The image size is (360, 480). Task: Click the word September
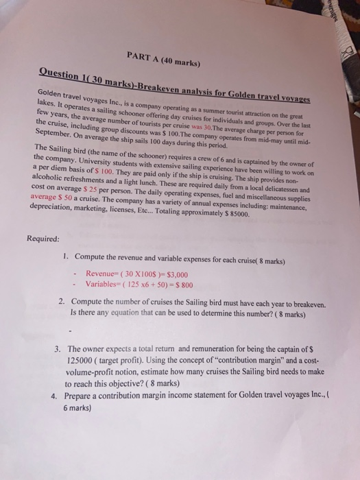pos(52,134)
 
